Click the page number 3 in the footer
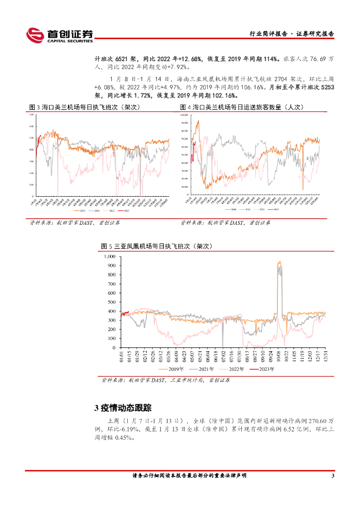tap(333, 476)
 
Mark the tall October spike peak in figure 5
tap(279, 262)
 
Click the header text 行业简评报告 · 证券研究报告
tap(291, 34)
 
